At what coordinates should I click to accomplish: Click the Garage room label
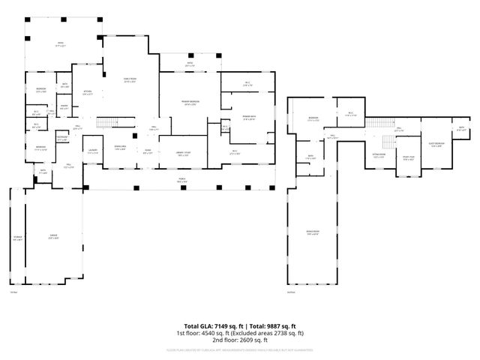[x=54, y=238]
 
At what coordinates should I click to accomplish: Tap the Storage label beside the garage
[x=17, y=238]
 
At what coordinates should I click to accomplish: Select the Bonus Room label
[x=313, y=233]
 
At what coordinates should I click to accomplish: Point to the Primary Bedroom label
[x=190, y=103]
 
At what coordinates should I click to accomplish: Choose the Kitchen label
[x=87, y=93]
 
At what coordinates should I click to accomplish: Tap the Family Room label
[x=129, y=81]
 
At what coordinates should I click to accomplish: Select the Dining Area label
[x=119, y=148]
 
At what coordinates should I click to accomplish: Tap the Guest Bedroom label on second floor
[x=436, y=144]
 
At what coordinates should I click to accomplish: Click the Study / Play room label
[x=408, y=158]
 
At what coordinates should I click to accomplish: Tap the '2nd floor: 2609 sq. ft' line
[x=240, y=340]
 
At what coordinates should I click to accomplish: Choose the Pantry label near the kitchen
[x=65, y=107]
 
